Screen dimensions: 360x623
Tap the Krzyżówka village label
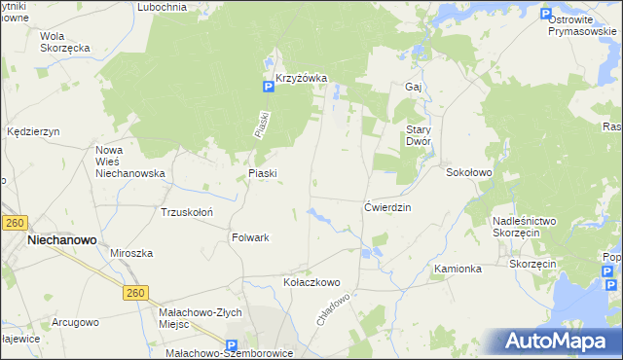click(301, 78)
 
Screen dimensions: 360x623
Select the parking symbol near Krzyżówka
click(268, 88)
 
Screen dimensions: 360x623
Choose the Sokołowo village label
click(469, 172)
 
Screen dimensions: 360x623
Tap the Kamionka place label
click(458, 269)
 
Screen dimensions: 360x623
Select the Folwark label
click(250, 237)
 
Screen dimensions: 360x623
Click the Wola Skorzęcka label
click(65, 42)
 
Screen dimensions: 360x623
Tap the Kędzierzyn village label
click(33, 131)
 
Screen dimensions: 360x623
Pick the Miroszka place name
click(131, 253)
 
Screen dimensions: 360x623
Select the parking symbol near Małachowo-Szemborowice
click(232, 345)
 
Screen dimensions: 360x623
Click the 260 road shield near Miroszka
click(135, 293)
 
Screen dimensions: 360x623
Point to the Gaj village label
click(412, 87)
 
